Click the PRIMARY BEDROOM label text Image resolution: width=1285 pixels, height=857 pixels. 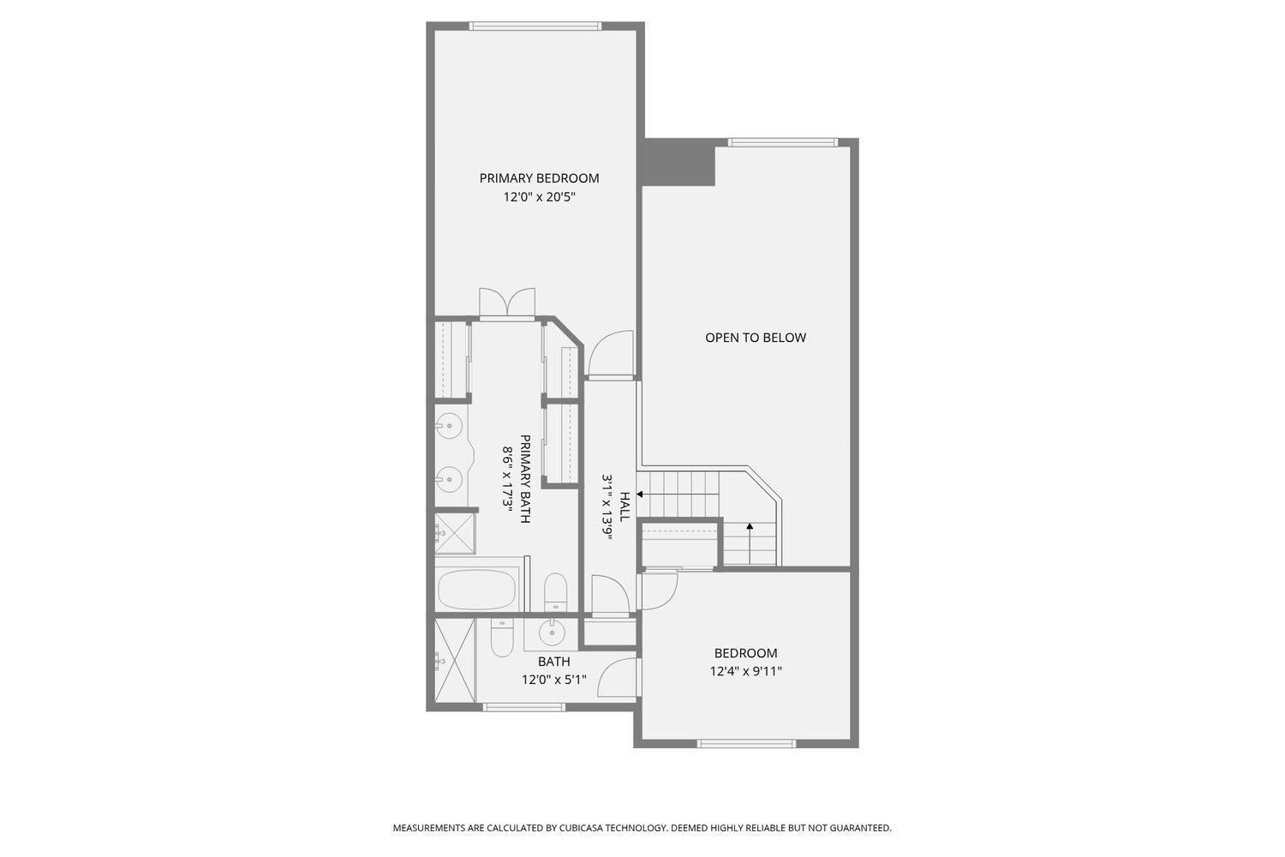[539, 178]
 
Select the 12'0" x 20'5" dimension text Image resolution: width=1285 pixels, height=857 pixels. [539, 197]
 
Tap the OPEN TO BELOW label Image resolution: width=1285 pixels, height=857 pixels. [756, 338]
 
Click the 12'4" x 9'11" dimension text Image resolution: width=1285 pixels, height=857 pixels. [745, 672]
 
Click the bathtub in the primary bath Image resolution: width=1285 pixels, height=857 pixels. [477, 590]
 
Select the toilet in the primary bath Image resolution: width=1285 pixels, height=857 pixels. [555, 591]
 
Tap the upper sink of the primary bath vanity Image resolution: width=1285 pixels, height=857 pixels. [448, 424]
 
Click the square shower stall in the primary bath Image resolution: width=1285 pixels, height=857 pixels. [455, 533]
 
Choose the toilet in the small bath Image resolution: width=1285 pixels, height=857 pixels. [501, 638]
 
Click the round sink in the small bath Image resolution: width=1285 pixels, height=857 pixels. [551, 632]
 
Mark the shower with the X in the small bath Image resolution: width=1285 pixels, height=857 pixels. [453, 662]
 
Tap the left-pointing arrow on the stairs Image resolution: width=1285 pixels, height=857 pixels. [640, 494]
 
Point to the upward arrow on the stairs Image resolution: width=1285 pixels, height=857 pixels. [750, 527]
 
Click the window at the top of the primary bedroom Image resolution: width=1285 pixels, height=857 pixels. [535, 27]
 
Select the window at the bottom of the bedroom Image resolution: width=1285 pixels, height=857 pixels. [746, 743]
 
